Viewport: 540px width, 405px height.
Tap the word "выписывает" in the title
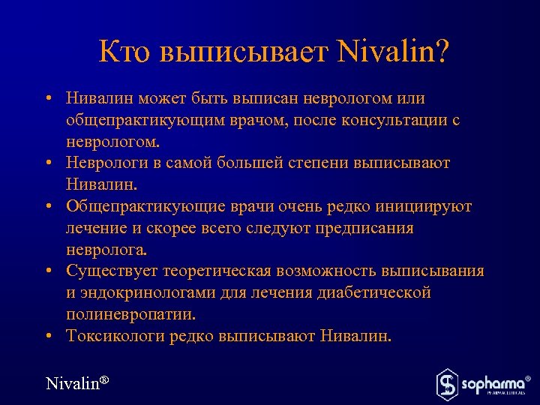coord(245,52)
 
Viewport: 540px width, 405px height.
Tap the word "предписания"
coord(362,228)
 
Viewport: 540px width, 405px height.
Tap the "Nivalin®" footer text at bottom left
coord(77,383)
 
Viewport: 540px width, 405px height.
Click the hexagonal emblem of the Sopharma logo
coord(448,383)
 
